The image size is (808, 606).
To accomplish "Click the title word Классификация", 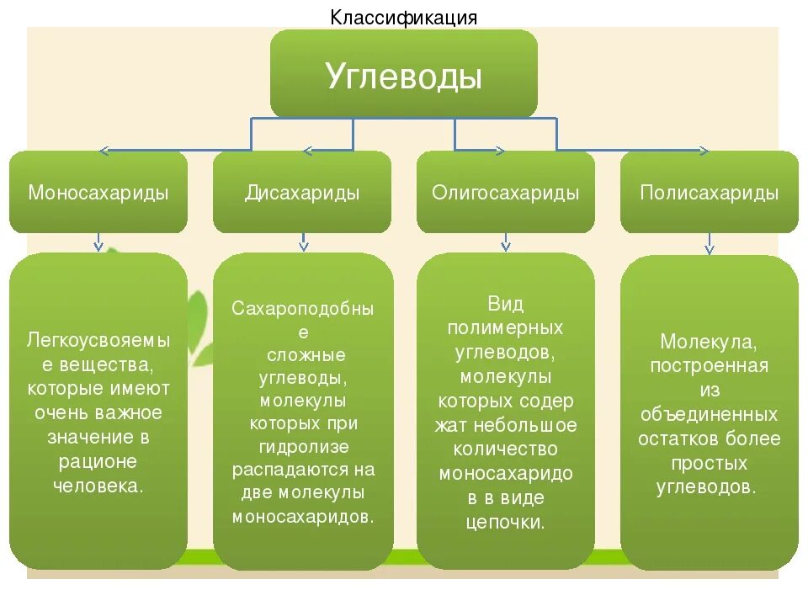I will point(403,17).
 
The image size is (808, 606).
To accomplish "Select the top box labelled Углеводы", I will point(403,76).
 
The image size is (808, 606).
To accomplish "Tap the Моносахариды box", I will point(98,193).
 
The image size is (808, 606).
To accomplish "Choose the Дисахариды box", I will point(302,193).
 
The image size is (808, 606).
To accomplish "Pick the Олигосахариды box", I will point(506,193).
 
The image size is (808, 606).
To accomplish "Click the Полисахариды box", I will point(710,193).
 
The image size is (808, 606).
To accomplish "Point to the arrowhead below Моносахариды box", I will point(98,246).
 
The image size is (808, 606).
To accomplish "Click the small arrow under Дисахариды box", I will point(303,246).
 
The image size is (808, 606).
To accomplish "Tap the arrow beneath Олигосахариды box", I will point(506,246).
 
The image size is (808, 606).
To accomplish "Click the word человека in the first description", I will point(98,486).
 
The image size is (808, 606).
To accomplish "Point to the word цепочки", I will point(506,522).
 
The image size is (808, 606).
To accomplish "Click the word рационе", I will point(98,461).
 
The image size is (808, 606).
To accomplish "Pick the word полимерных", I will point(506,327).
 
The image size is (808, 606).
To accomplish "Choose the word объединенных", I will point(710,415).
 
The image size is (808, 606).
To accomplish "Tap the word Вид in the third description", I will point(506,303).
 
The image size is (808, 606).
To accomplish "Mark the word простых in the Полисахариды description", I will point(710,464).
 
